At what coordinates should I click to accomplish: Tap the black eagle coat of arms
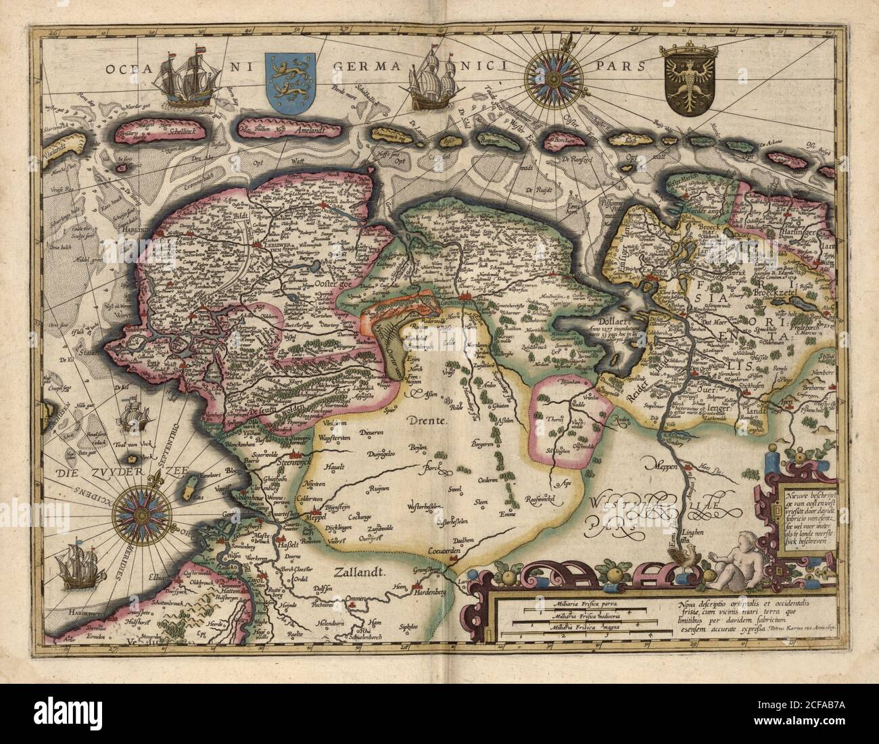tap(686, 85)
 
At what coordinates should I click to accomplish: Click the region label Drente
tap(429, 421)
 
